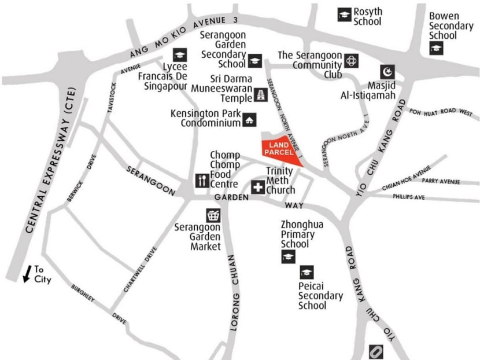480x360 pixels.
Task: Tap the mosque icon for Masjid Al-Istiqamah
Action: pyautogui.click(x=387, y=72)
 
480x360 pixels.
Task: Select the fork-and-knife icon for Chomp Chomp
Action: pyautogui.click(x=202, y=180)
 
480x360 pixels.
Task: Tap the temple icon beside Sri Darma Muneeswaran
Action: pyautogui.click(x=261, y=95)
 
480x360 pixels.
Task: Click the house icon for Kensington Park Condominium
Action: pyautogui.click(x=249, y=120)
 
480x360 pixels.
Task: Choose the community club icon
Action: pyautogui.click(x=351, y=60)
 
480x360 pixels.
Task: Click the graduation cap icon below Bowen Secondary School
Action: pyautogui.click(x=435, y=49)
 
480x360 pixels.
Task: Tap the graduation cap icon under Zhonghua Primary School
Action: pyautogui.click(x=288, y=258)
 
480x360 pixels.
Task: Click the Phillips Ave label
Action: pyautogui.click(x=409, y=197)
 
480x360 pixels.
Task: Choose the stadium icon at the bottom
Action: pyautogui.click(x=376, y=351)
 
